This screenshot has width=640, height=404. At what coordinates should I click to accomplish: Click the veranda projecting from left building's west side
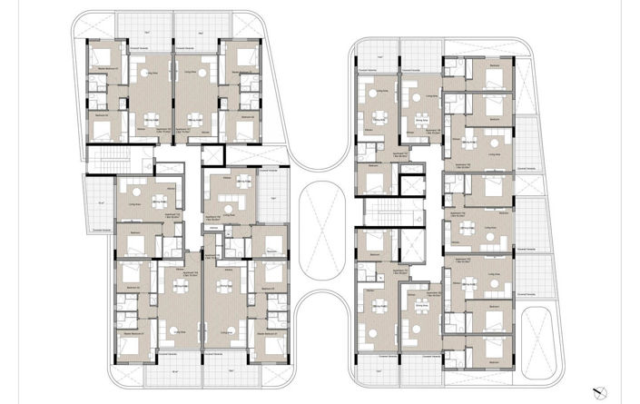(x=98, y=202)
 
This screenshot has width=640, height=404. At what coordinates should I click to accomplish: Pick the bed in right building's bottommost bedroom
(x=495, y=349)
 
